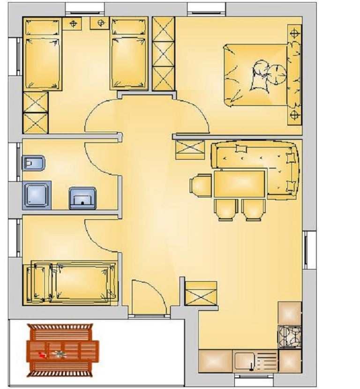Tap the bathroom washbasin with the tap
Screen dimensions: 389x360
82,198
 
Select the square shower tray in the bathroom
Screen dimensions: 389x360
37,195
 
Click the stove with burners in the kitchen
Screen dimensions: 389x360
289,337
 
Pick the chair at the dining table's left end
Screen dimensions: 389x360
201,185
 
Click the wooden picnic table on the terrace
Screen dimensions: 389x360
62,350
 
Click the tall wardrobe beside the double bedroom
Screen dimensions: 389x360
164,54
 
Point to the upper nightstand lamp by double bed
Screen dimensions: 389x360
294,33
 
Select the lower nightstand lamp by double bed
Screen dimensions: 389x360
294,114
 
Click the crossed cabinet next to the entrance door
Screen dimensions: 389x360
201,293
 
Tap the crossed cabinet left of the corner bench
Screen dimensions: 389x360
190,150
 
